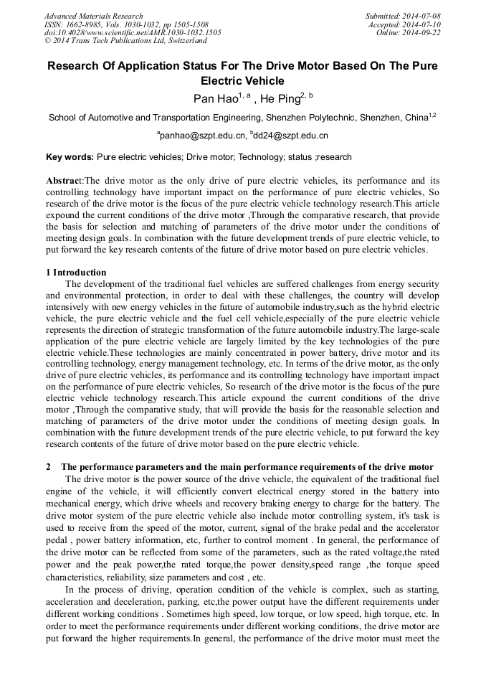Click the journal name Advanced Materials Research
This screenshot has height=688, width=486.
(93, 16)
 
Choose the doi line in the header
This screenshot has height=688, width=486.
(133, 33)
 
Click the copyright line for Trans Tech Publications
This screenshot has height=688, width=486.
(115, 41)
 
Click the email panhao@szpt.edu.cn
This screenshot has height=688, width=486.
(202, 136)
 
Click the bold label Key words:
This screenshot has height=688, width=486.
(70, 157)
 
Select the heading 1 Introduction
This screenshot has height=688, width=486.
(76, 273)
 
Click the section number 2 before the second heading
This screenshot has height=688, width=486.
(47, 467)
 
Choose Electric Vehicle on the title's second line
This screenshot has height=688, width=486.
(242, 81)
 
